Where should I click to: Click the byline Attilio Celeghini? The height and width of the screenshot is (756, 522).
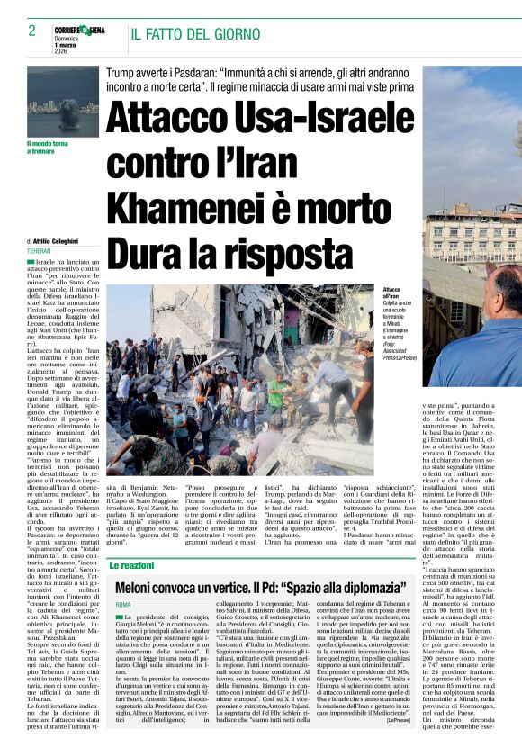[59, 241]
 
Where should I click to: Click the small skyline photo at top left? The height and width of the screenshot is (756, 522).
[62, 101]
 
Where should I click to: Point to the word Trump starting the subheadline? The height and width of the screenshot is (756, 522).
[120, 70]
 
